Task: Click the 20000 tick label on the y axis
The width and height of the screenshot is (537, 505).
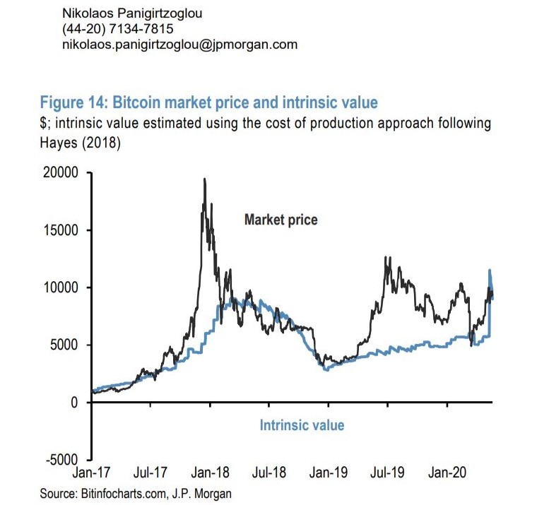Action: [x=61, y=173]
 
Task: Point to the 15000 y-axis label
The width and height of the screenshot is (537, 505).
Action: [x=61, y=230]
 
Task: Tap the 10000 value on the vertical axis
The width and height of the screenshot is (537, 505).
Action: [x=61, y=287]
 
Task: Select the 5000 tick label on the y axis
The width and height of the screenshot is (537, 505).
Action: [x=64, y=345]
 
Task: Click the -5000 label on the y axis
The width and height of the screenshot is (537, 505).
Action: [x=62, y=460]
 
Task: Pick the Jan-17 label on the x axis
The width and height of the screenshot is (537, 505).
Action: [x=91, y=473]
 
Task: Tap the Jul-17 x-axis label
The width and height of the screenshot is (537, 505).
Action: [x=150, y=473]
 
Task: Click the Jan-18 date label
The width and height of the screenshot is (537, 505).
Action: [x=210, y=473]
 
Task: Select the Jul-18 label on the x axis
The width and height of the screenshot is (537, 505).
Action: [x=268, y=473]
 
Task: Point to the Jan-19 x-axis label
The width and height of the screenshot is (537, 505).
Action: [x=329, y=473]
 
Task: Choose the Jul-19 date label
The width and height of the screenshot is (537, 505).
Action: [x=387, y=473]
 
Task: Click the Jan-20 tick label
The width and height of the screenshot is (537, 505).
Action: [x=447, y=473]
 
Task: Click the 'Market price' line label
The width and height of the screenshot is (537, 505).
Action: [x=281, y=220]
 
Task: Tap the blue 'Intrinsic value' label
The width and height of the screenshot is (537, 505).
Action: [x=302, y=425]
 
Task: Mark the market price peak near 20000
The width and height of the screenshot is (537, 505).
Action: [x=205, y=179]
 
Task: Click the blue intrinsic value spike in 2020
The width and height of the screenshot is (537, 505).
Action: [x=490, y=270]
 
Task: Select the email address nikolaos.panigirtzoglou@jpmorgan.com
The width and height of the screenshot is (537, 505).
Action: [x=179, y=44]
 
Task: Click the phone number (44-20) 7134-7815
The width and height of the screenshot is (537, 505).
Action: [x=118, y=29]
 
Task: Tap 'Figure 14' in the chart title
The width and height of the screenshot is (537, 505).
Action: [x=74, y=102]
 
